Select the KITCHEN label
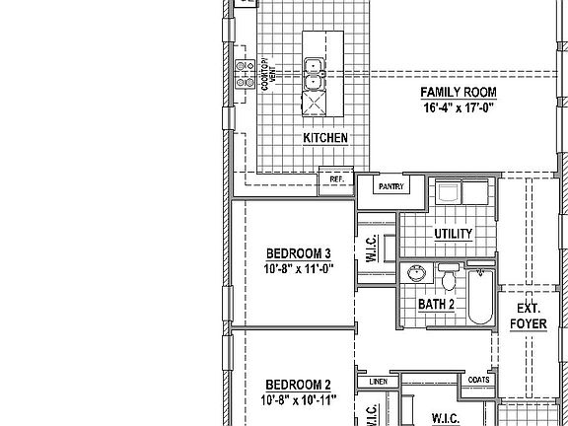coord(324,139)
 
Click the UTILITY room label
coord(453,234)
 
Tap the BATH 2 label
coord(436,305)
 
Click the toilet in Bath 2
coord(449,279)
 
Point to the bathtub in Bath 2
coord(480,295)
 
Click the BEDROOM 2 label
coord(298,385)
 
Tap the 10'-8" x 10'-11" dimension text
coord(299,399)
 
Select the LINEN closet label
coord(377,381)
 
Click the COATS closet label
coord(479,380)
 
